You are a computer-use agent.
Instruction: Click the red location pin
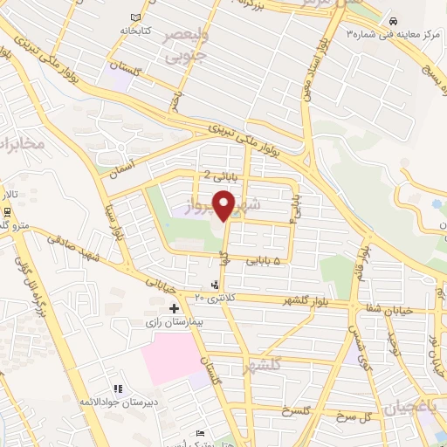pyautogui.click(x=224, y=205)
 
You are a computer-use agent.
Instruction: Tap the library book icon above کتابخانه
pyautogui.click(x=134, y=17)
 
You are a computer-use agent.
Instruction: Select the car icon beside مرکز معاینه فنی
pyautogui.click(x=394, y=20)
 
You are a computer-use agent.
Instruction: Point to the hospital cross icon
pyautogui.click(x=174, y=308)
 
